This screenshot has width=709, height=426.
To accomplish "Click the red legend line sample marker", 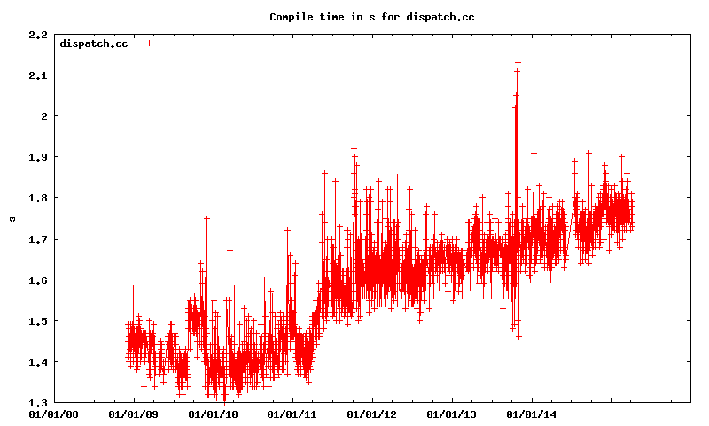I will tap(150, 43).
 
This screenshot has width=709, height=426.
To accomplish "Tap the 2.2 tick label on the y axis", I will tap(38, 35).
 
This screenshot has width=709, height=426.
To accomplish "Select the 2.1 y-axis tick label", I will tap(38, 75).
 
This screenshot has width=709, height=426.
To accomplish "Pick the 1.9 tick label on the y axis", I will tap(38, 157).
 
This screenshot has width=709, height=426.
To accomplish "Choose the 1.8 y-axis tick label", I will tap(38, 198).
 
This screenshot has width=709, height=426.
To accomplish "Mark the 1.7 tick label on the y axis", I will tap(38, 239).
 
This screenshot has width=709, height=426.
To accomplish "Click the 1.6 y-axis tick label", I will tap(38, 280).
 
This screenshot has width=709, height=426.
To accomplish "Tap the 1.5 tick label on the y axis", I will tap(38, 320).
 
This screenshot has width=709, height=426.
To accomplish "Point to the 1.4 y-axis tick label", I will tap(38, 361).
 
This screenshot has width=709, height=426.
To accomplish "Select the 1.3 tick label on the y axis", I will tap(38, 402).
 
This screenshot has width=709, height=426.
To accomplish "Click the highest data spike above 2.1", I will tap(518, 62).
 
